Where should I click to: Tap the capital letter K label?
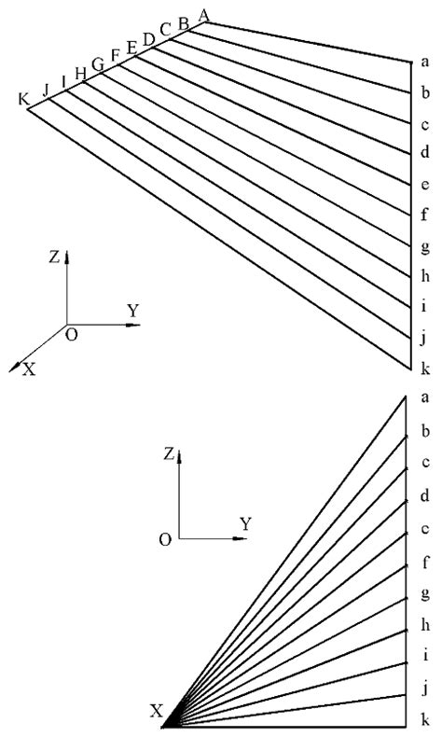click(x=23, y=99)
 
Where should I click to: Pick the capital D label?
click(x=148, y=38)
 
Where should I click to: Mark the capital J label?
click(x=45, y=89)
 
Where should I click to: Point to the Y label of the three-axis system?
click(x=133, y=311)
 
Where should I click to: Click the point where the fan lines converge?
click(x=165, y=725)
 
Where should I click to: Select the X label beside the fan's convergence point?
click(x=157, y=712)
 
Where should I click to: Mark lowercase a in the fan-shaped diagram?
click(x=425, y=397)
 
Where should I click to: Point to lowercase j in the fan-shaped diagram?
click(x=425, y=690)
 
